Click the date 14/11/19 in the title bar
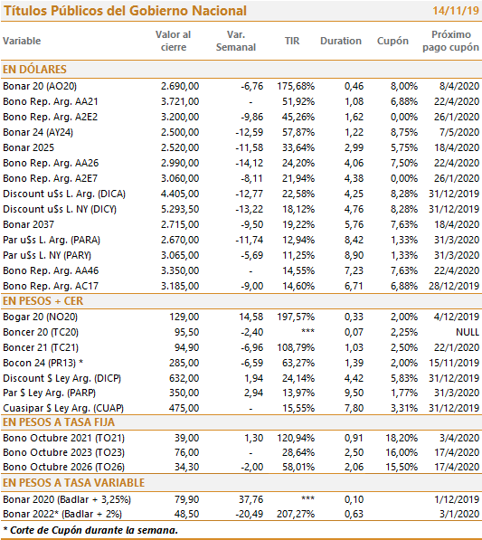pyautogui.click(x=456, y=10)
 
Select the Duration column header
pyautogui.click(x=341, y=41)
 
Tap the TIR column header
pyautogui.click(x=292, y=41)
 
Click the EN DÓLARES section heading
pyautogui.click(x=34, y=70)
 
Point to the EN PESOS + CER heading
pyautogui.click(x=43, y=301)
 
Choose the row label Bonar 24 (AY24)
pyautogui.click(x=38, y=132)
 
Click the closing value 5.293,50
pyautogui.click(x=180, y=209)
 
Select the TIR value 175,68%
pyautogui.click(x=296, y=86)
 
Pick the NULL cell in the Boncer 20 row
pyautogui.click(x=468, y=332)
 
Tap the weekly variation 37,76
pyautogui.click(x=251, y=499)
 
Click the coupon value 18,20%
pyautogui.click(x=402, y=438)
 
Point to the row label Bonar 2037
pyautogui.click(x=28, y=224)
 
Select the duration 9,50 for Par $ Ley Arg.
pyautogui.click(x=354, y=393)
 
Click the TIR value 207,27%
pyautogui.click(x=296, y=514)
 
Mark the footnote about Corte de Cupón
pyautogui.click(x=90, y=530)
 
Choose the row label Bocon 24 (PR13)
pyautogui.click(x=43, y=363)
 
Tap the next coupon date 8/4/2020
pyautogui.click(x=459, y=86)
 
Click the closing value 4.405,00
pyautogui.click(x=180, y=194)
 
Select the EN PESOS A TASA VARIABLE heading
pyautogui.click(x=73, y=483)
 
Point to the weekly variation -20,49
pyautogui.click(x=250, y=514)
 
